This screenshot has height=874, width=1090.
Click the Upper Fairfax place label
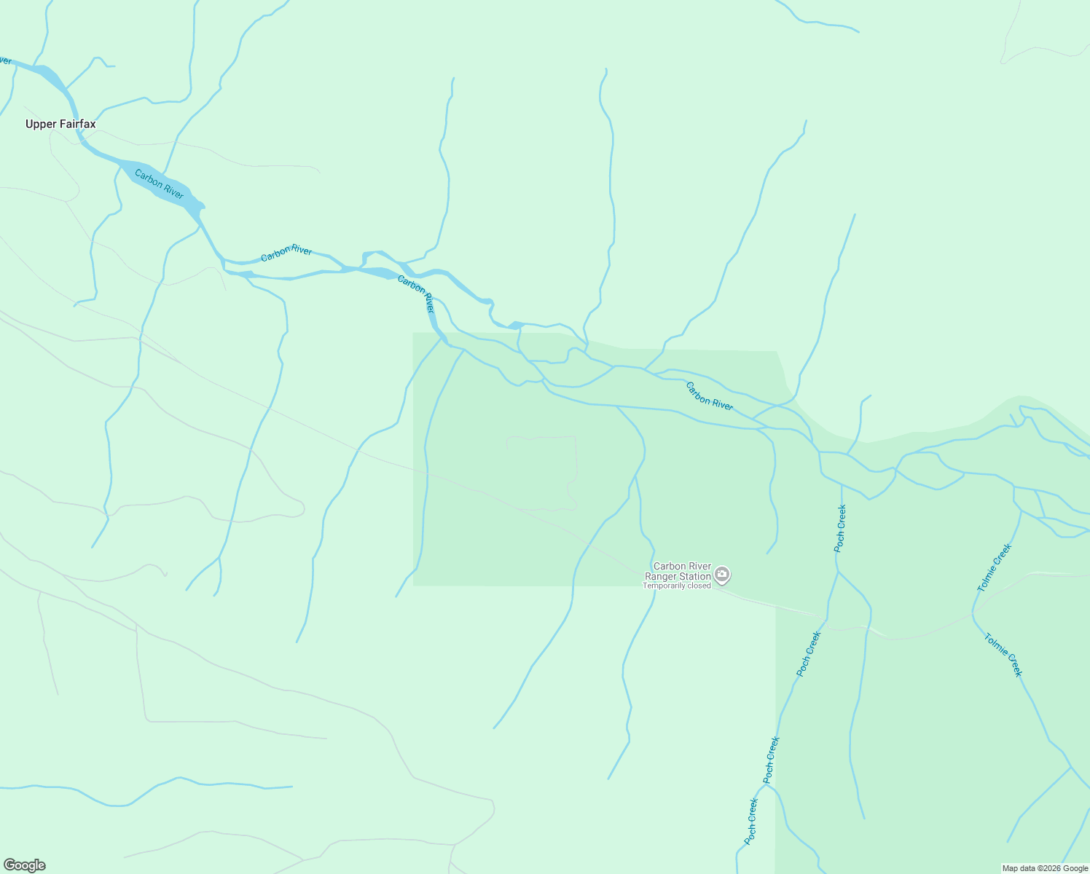60,125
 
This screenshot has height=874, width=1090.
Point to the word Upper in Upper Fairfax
39,125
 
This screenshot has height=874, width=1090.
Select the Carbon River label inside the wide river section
159,184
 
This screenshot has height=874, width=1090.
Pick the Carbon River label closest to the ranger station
709,396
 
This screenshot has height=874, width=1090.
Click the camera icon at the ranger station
722,575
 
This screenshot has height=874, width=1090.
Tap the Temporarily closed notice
676,586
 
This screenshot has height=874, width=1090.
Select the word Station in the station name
695,576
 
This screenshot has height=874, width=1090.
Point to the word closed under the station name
698,586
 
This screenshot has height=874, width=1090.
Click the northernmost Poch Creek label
840,528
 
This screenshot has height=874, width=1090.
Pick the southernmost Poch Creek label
751,822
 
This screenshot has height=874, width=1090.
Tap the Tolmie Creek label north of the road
995,567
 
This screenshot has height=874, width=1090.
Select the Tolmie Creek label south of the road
1003,655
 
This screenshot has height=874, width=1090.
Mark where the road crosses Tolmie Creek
973,614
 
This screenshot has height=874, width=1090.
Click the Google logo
25,865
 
